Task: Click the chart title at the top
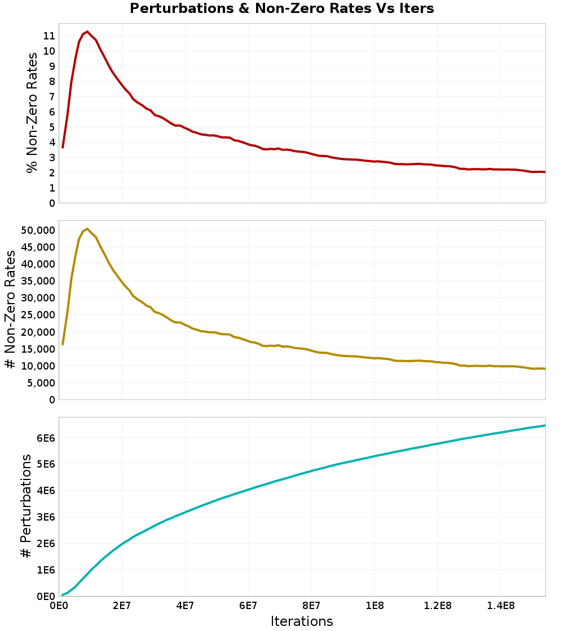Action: click(281, 9)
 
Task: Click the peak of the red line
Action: click(87, 32)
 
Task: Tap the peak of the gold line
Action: click(87, 229)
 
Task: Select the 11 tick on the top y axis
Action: click(49, 35)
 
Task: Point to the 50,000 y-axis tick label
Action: click(37, 230)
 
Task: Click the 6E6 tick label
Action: click(46, 438)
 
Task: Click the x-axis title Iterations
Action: click(302, 621)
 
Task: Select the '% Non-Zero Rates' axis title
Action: click(32, 113)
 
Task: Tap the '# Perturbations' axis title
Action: click(26, 506)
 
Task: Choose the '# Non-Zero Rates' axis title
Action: click(10, 310)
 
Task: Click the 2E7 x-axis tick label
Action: click(122, 606)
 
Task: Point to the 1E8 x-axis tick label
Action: click(374, 606)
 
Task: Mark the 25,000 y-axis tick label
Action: click(37, 315)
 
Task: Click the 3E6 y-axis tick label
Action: click(46, 517)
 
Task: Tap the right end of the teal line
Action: click(545, 425)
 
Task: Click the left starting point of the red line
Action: click(63, 148)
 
